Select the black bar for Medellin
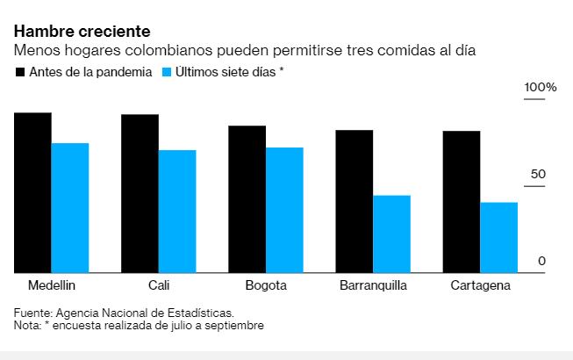[x=32, y=193]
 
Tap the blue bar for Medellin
[x=70, y=208]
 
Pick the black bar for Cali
[x=140, y=194]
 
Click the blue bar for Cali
[x=177, y=212]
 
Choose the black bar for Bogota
[x=247, y=199]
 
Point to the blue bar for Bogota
[x=284, y=211]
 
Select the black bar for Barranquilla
[x=354, y=202]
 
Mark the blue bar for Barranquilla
[x=391, y=234]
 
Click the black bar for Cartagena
[x=461, y=202]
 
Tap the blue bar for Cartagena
[x=498, y=238]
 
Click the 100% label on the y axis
[x=541, y=89]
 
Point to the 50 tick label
[x=538, y=174]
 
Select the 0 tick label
[x=542, y=261]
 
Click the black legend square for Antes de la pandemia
[x=19, y=71]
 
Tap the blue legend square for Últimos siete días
[x=167, y=71]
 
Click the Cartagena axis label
[x=479, y=287]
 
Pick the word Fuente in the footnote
[x=32, y=313]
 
